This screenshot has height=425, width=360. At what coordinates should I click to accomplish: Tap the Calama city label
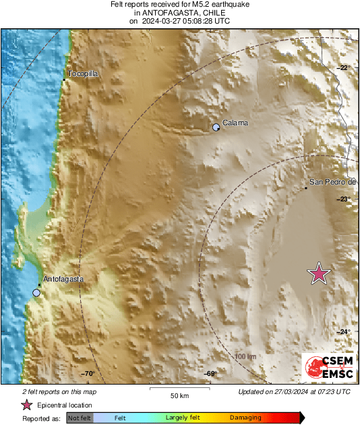point(235,123)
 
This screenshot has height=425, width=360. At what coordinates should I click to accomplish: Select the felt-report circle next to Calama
point(216,127)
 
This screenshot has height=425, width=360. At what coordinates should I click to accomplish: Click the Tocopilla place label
point(85,74)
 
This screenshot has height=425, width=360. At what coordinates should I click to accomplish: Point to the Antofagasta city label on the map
point(63,279)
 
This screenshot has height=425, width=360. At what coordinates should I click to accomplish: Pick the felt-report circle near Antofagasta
point(36,292)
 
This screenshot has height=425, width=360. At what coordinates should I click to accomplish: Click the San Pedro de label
point(332,182)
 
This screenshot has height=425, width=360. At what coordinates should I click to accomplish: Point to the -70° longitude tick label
point(88,374)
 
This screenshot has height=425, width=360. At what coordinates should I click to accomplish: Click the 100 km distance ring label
point(246,356)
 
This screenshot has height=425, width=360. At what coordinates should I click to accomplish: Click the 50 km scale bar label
point(178,395)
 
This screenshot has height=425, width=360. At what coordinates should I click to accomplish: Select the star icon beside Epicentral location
point(26,405)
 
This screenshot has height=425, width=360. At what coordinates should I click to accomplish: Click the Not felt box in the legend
point(80,418)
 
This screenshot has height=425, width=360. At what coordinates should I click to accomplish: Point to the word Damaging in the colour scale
point(245,418)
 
